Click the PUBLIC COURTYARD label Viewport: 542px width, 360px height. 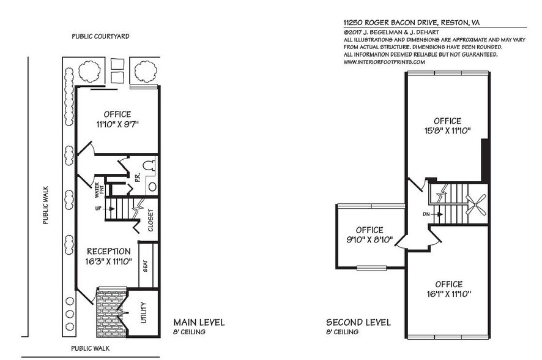(100, 37)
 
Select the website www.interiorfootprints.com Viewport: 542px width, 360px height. (384, 62)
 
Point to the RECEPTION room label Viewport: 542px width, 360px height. (108, 251)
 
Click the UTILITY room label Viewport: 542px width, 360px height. (143, 312)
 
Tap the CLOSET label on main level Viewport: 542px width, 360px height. (150, 221)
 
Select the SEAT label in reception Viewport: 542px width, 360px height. (145, 266)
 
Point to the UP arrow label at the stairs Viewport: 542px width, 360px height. (97, 209)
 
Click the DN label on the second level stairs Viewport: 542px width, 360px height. (425, 214)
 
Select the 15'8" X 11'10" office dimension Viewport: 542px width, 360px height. (448, 131)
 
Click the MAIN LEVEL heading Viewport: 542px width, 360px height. (199, 322)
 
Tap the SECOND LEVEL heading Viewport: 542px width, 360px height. (358, 322)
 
